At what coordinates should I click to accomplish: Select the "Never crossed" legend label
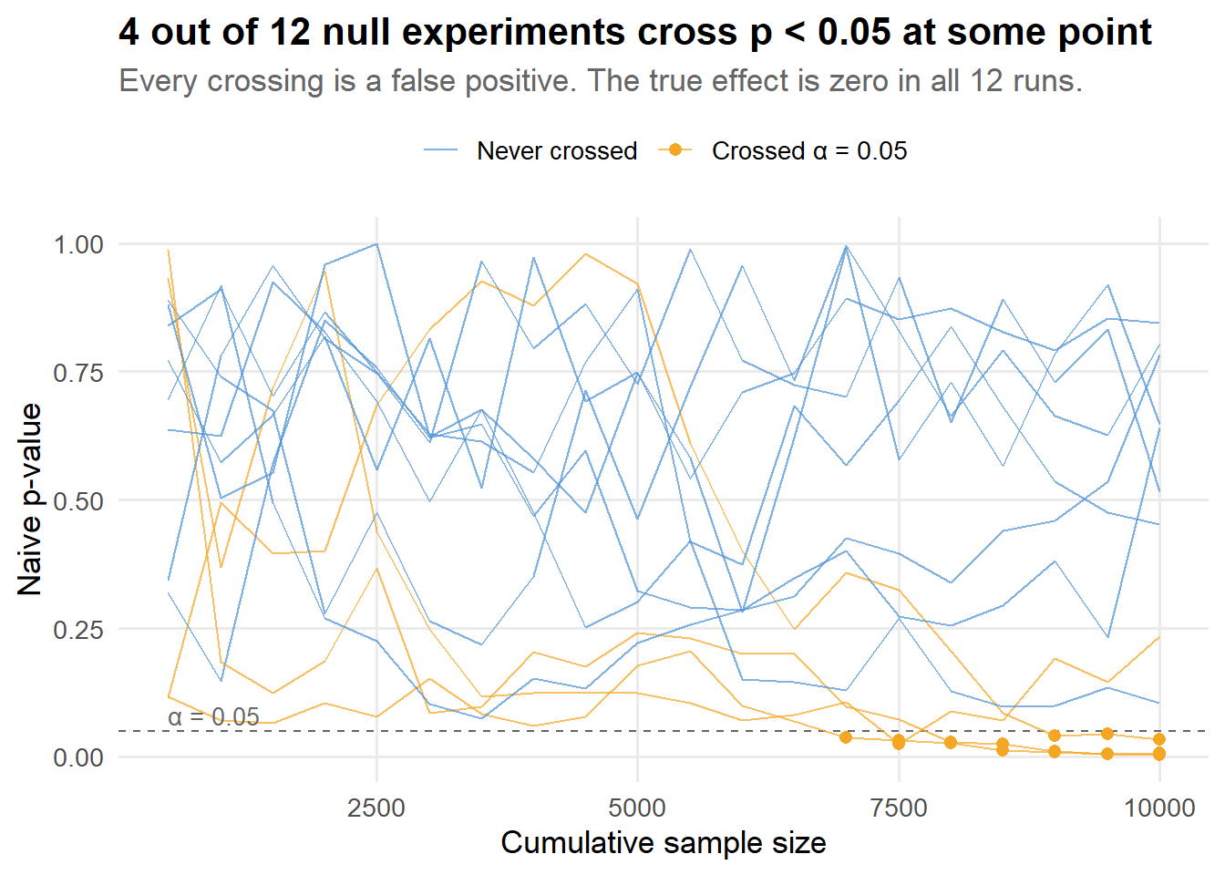point(557,150)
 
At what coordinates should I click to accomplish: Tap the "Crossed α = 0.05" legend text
point(809,150)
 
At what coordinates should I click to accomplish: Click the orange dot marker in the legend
point(675,149)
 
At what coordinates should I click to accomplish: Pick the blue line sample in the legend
point(440,150)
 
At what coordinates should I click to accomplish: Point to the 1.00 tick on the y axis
point(78,244)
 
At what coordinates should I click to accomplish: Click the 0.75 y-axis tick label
point(78,373)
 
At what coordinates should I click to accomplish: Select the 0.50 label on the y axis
point(78,501)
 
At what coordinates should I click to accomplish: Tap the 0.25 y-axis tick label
point(78,630)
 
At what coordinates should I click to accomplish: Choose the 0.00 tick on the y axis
point(78,757)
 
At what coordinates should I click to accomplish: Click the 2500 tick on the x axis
point(376,808)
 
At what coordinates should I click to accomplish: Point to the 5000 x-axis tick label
point(637,808)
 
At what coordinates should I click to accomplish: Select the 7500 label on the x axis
point(899,808)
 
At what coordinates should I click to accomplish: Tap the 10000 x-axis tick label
point(1159,808)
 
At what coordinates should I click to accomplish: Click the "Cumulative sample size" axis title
point(664,843)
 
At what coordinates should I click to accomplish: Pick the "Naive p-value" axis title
point(30,499)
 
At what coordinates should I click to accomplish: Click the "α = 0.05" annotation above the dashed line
point(214,717)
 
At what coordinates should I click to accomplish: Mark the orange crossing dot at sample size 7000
point(846,737)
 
